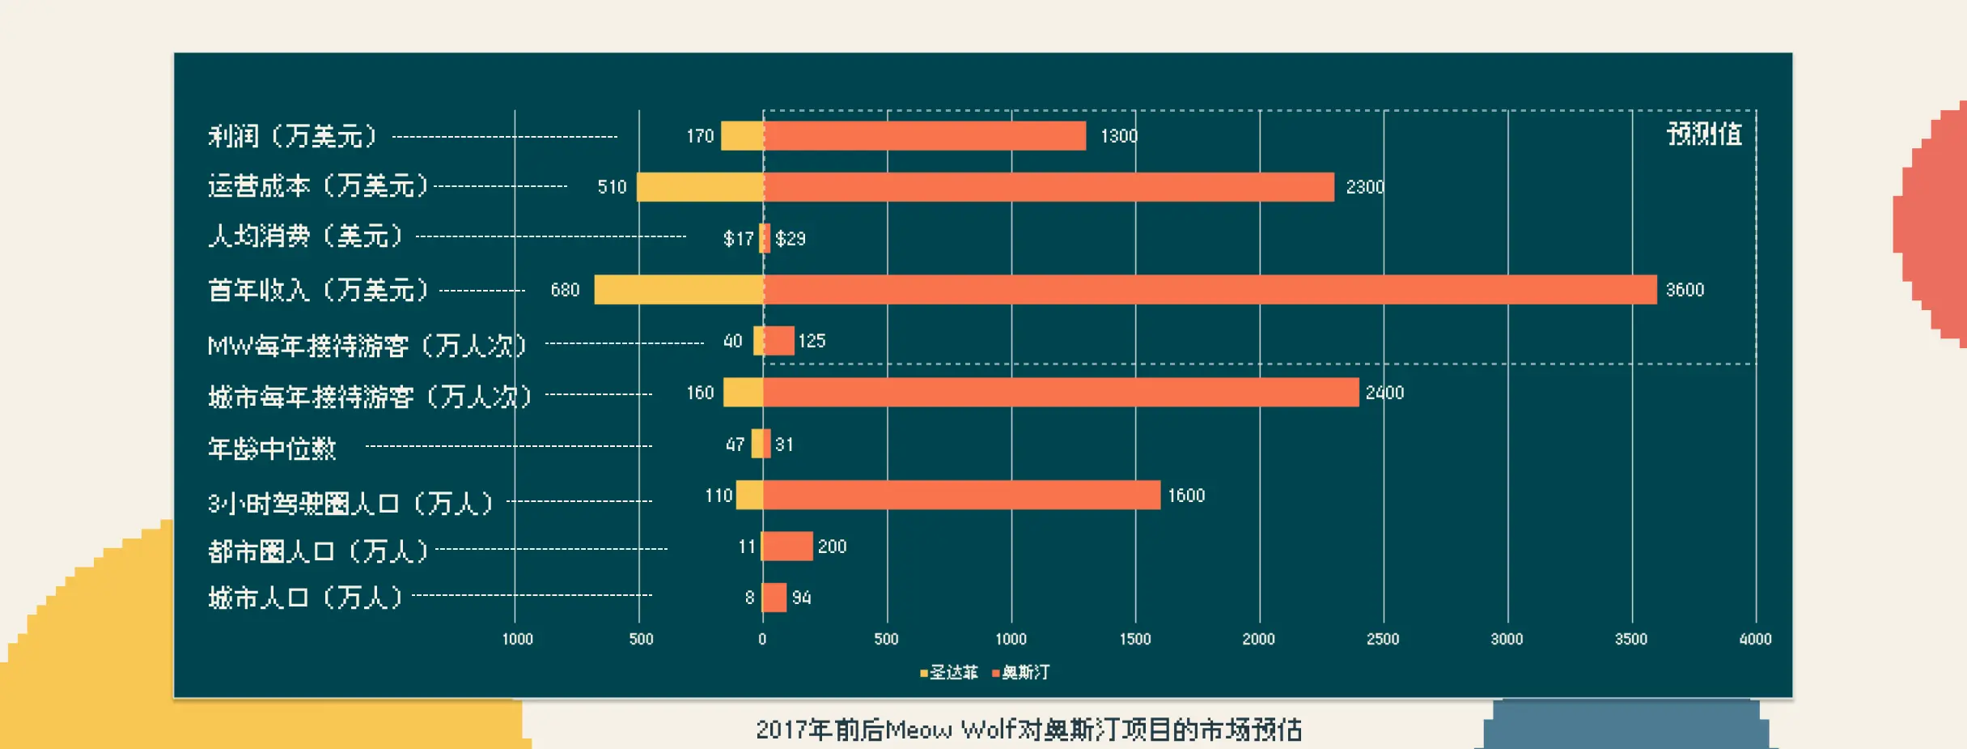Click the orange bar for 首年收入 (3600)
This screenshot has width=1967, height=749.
click(x=1210, y=290)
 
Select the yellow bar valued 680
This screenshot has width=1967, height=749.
click(x=679, y=290)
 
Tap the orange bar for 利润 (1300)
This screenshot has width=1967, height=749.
click(x=925, y=136)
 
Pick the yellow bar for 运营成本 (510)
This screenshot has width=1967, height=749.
click(x=700, y=187)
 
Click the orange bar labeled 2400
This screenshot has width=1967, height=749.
click(x=1061, y=393)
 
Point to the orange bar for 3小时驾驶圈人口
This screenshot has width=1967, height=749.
click(x=961, y=496)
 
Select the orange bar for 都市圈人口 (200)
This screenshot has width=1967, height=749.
click(x=788, y=547)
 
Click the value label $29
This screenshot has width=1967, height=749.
click(x=791, y=239)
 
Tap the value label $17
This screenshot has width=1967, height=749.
click(x=738, y=239)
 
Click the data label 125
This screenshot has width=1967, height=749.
click(x=812, y=341)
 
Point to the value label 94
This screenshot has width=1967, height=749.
click(x=801, y=598)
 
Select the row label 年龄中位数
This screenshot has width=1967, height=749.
click(x=272, y=448)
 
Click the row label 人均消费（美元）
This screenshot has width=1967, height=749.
click(x=306, y=236)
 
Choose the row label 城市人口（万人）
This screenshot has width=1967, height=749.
click(x=306, y=598)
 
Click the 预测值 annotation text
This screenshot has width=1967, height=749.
click(x=1704, y=134)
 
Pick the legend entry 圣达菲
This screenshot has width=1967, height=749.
click(x=949, y=672)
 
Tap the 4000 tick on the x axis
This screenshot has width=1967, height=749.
click(x=1755, y=639)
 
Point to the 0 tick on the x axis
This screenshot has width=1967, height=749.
click(x=762, y=639)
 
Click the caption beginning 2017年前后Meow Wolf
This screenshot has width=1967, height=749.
click(x=1028, y=730)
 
